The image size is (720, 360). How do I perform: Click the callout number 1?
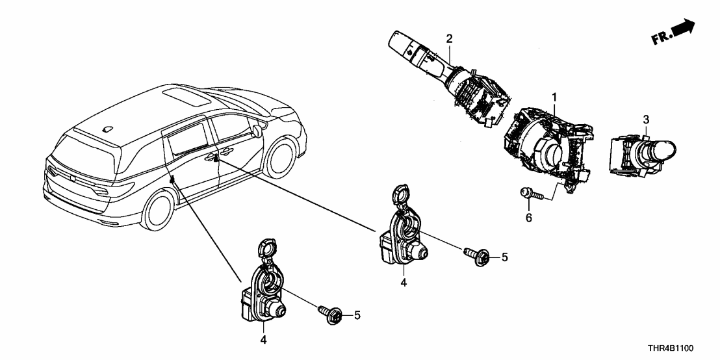(554, 98)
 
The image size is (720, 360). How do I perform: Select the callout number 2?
(449, 39)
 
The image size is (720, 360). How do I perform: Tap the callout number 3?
(645, 119)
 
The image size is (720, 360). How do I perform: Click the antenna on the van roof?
(105, 129)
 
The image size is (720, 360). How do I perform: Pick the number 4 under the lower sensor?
(263, 339)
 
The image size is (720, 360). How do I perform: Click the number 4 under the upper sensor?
(404, 283)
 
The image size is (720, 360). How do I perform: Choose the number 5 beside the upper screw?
(504, 257)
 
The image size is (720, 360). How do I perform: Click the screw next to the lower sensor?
(328, 315)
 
